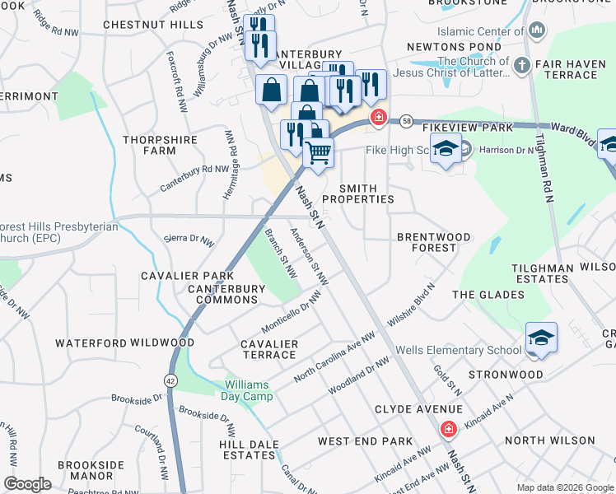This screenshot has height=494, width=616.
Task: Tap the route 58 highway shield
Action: [x=407, y=122]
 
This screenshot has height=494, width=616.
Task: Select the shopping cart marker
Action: [x=318, y=151]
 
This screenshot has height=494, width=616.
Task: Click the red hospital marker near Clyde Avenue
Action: [x=448, y=429]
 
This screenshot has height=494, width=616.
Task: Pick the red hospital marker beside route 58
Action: [x=379, y=118]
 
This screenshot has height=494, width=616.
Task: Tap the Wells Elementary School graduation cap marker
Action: [x=541, y=338]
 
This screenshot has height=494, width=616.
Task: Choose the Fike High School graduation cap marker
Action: [x=446, y=149]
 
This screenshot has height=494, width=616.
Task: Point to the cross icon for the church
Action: [x=520, y=65]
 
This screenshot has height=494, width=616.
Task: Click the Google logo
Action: [x=27, y=484]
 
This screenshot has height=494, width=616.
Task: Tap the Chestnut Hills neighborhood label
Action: [x=153, y=25]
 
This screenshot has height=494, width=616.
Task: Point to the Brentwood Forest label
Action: [x=434, y=242]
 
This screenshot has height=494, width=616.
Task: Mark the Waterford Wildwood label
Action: [x=124, y=343]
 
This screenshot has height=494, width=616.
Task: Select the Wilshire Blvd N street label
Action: [x=420, y=303]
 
